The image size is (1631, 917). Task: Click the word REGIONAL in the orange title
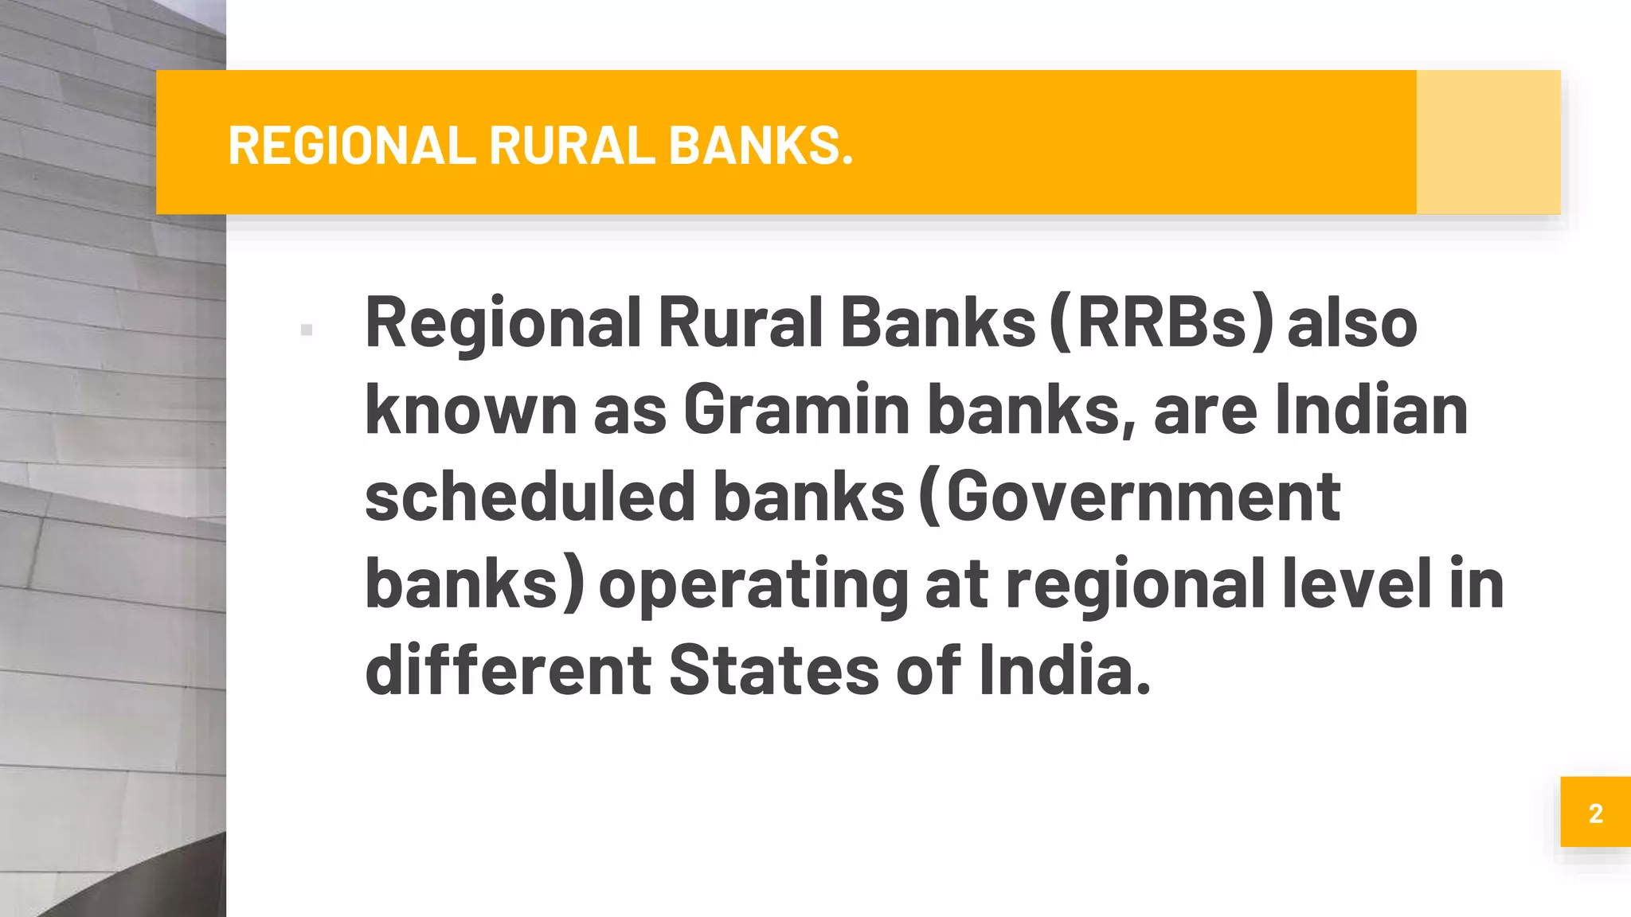click(x=351, y=146)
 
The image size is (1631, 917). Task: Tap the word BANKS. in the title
click(x=761, y=146)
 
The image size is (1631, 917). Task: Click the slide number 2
click(x=1595, y=813)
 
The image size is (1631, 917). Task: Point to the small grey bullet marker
click(x=307, y=330)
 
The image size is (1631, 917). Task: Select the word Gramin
click(x=796, y=410)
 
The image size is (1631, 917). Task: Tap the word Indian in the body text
click(x=1371, y=410)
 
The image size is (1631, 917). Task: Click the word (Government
click(x=1129, y=497)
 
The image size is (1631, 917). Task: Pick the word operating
click(x=753, y=585)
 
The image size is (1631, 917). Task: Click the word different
click(x=508, y=670)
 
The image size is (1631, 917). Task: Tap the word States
click(x=773, y=670)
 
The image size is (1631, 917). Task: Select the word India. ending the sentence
click(x=1065, y=670)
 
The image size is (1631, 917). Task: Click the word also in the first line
click(x=1352, y=323)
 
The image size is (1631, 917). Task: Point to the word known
click(x=471, y=410)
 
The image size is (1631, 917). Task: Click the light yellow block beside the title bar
click(x=1488, y=142)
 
